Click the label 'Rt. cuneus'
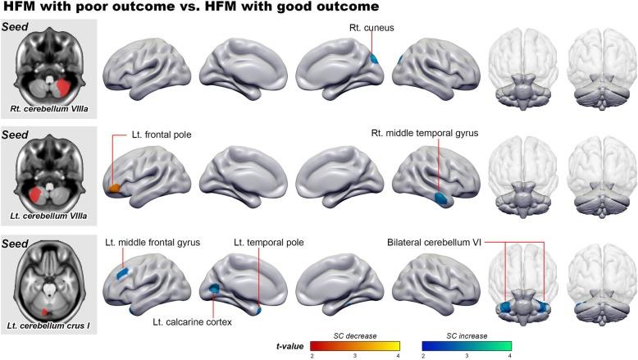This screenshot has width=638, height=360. (x=370, y=27)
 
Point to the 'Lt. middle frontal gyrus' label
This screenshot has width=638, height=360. (x=152, y=243)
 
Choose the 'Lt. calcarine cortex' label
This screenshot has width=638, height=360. (x=192, y=322)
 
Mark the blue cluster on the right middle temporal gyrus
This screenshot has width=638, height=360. (x=441, y=198)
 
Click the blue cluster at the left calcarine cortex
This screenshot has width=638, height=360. (x=215, y=289)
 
